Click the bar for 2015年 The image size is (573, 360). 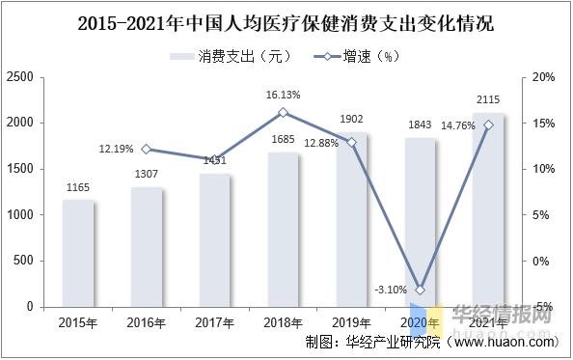point(78,253)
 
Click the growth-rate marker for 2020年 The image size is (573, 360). point(421,290)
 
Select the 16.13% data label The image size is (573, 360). point(284,96)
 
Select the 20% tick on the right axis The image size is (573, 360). point(543,77)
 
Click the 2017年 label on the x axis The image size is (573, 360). point(215,320)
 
